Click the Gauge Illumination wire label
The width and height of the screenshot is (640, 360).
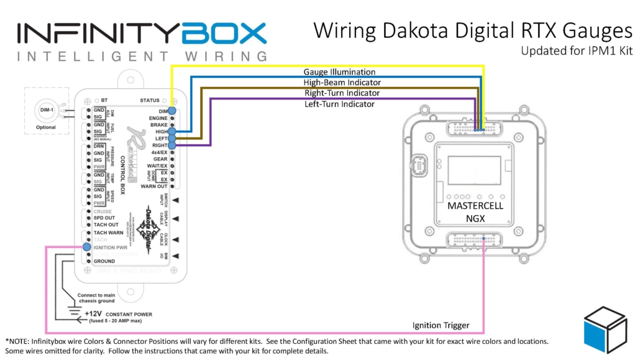339,72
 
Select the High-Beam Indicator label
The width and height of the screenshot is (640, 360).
342,82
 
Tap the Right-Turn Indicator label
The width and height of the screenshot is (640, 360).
342,93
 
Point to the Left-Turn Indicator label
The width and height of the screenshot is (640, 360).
339,104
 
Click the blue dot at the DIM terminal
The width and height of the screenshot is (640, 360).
171,110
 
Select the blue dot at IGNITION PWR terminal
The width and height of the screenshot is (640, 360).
86,247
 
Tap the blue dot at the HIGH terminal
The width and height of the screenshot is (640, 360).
171,131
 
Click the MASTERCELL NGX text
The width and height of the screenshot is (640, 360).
475,211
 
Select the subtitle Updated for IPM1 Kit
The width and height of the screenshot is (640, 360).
577,51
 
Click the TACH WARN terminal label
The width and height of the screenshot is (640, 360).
109,233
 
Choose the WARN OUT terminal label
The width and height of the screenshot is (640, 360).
153,186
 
